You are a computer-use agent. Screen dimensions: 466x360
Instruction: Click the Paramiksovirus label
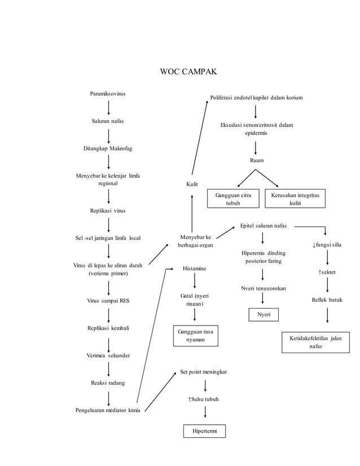point(108,93)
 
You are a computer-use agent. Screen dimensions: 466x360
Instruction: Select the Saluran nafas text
point(108,121)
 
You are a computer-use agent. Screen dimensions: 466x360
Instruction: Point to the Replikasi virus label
point(108,210)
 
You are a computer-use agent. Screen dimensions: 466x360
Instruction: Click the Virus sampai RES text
point(108,301)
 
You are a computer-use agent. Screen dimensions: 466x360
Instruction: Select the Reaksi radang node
point(108,383)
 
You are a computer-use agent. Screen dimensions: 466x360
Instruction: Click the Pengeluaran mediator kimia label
point(108,410)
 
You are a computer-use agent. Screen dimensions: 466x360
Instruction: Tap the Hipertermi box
point(204,432)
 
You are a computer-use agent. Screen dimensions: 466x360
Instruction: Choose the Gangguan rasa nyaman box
point(195,336)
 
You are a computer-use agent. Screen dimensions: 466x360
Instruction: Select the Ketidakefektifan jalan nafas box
point(315,342)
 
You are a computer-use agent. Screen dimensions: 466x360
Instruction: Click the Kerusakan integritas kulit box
point(295,199)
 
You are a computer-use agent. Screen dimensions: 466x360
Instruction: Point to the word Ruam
point(257,161)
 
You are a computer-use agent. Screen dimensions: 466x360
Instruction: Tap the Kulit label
point(192,184)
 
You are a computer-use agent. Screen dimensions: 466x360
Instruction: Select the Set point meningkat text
point(204,372)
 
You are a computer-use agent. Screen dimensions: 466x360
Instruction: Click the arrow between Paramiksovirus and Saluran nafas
point(108,107)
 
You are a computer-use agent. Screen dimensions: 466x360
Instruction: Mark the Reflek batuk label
point(327,300)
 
